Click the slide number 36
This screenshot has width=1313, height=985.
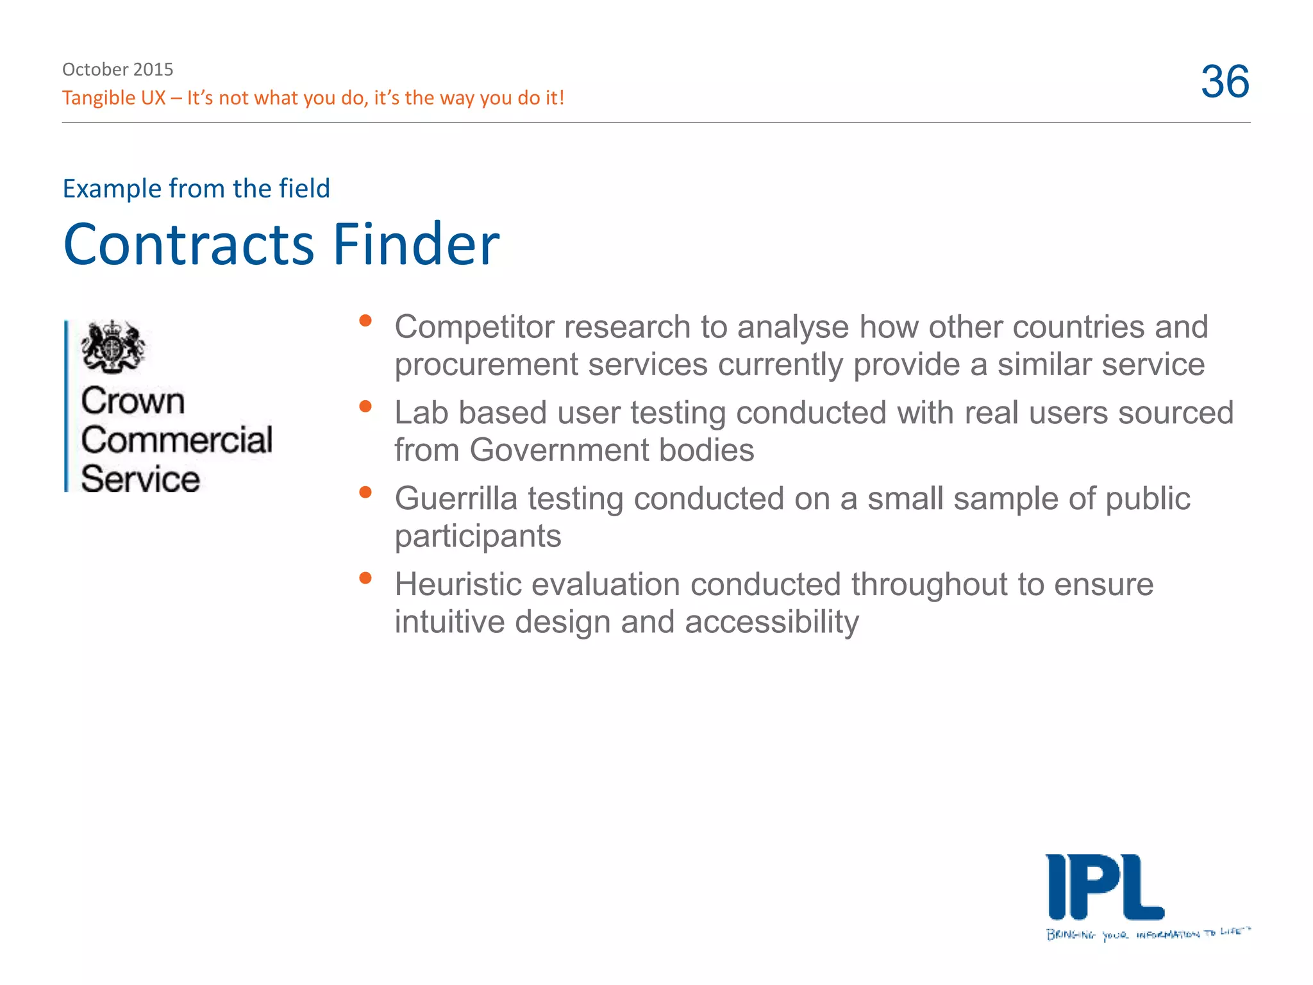1225,81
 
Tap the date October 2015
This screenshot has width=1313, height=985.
117,69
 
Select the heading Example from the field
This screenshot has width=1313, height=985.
196,189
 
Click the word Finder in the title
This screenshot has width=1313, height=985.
415,244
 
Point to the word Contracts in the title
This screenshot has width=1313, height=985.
188,244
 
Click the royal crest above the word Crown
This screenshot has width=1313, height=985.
112,347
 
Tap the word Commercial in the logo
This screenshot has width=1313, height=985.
177,440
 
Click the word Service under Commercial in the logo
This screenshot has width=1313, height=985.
140,479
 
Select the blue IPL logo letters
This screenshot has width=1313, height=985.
1104,888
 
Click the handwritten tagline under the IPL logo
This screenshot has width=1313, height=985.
1148,934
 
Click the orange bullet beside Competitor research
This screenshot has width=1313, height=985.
365,321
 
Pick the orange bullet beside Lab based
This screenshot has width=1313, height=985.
365,407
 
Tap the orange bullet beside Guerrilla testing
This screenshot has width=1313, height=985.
365,492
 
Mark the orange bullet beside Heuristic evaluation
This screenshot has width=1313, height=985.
365,578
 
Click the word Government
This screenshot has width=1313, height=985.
558,451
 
